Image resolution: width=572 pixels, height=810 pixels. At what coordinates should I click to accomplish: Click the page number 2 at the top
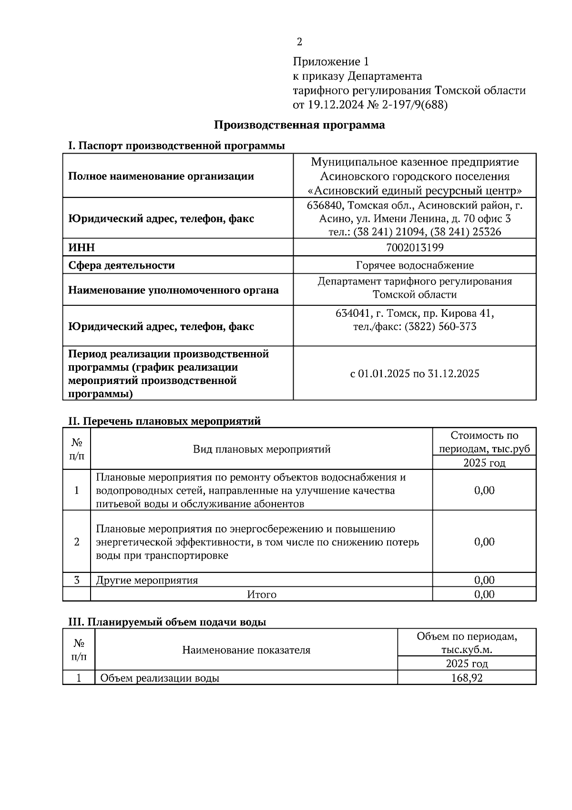(299, 42)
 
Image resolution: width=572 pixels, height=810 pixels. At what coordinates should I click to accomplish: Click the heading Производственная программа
(299, 125)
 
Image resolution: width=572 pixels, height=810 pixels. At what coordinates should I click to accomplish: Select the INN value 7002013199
(415, 247)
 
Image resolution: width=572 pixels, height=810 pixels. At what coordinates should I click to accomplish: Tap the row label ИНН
(82, 247)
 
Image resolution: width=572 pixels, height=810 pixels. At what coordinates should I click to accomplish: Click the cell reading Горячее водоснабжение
(415, 265)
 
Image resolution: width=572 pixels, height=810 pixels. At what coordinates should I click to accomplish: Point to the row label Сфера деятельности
(122, 265)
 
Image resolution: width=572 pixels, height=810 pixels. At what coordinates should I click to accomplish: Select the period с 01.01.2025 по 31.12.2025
(415, 374)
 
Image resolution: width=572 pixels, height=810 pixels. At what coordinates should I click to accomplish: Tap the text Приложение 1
(331, 62)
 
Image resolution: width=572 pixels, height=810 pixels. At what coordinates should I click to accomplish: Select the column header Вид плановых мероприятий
(262, 449)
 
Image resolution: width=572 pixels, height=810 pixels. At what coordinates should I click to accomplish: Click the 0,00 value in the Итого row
(484, 594)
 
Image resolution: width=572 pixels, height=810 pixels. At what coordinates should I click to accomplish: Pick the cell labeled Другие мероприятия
(147, 580)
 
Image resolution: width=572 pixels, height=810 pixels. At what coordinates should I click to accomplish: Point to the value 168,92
(467, 678)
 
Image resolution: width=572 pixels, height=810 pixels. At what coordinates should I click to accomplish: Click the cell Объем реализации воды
(160, 678)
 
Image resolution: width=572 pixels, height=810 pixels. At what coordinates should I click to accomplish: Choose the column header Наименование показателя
(246, 650)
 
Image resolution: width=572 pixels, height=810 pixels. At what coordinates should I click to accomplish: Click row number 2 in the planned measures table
(77, 542)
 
